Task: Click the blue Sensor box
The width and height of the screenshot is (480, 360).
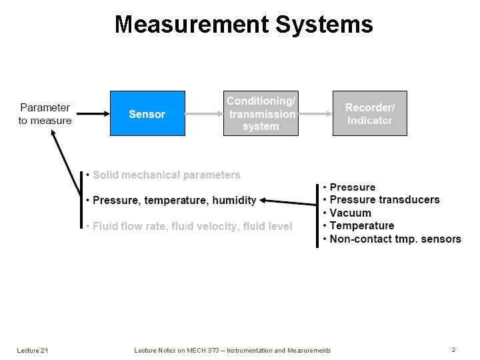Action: (x=147, y=113)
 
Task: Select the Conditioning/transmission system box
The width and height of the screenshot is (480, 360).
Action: (x=261, y=113)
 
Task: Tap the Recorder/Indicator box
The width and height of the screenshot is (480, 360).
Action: (x=369, y=113)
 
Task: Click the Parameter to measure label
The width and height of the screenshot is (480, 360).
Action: (x=45, y=114)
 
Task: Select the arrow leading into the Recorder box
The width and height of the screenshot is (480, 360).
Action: (x=315, y=113)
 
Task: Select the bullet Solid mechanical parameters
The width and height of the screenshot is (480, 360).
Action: (x=166, y=175)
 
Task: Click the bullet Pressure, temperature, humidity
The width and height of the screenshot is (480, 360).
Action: (x=174, y=200)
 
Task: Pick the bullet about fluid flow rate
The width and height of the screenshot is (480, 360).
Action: (x=192, y=227)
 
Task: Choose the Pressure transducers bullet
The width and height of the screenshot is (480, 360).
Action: (x=385, y=200)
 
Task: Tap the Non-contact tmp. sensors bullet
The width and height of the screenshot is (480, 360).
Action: (x=395, y=239)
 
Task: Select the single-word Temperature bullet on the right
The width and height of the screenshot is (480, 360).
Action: (x=362, y=226)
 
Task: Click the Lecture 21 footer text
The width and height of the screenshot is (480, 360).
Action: (x=32, y=351)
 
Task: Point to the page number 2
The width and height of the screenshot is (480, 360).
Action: (x=453, y=349)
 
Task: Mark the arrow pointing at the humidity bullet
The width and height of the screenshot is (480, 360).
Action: (x=288, y=199)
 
